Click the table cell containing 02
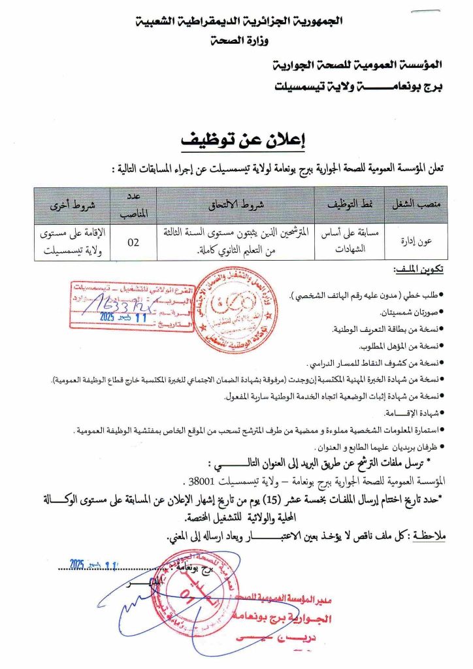[133, 242]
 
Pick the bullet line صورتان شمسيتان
[413, 313]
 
